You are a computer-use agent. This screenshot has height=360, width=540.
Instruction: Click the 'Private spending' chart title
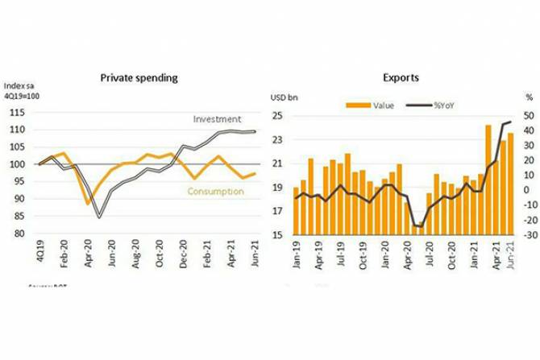[139, 78]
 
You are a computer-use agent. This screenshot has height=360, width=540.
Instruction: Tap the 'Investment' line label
[217, 119]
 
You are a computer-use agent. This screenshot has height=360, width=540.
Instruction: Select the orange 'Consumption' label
[215, 191]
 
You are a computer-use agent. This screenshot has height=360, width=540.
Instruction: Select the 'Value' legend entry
[376, 105]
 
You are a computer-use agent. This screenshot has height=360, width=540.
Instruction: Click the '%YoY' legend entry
[437, 105]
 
